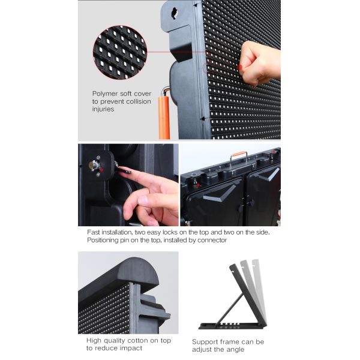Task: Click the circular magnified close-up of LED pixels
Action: click(x=120, y=52)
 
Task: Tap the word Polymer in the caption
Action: click(x=105, y=94)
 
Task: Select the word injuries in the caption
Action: click(x=103, y=109)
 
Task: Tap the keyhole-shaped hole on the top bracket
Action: click(x=175, y=13)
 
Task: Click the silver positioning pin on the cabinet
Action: click(x=94, y=165)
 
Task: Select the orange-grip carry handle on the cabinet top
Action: click(x=239, y=157)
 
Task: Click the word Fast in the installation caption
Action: click(x=94, y=232)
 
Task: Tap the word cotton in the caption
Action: click(x=136, y=340)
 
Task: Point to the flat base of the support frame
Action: click(x=232, y=326)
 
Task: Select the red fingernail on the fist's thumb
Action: click(x=239, y=67)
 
